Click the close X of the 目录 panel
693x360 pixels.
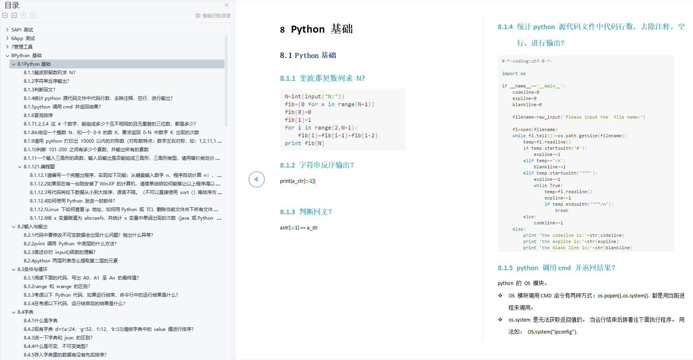click(x=226, y=5)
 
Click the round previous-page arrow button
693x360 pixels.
click(x=257, y=179)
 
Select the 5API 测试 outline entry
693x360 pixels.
click(x=22, y=30)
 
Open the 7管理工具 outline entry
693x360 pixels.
click(x=22, y=47)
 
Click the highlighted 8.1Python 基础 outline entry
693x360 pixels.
click(x=34, y=64)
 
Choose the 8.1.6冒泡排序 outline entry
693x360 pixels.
click(x=38, y=115)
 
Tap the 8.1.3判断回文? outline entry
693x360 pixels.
click(x=39, y=90)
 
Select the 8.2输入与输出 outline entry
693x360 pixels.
click(x=32, y=227)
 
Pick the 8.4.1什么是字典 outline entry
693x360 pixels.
click(x=40, y=321)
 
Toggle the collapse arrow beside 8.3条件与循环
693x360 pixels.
click(x=14, y=269)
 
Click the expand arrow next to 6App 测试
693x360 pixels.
click(x=7, y=38)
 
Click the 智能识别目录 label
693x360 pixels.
click(x=216, y=16)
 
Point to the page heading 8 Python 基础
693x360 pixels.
click(x=316, y=29)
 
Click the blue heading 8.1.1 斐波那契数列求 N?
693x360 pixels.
click(x=322, y=79)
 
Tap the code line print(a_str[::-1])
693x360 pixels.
click(x=297, y=181)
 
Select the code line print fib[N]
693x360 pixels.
click(x=304, y=143)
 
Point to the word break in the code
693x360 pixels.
click(x=562, y=211)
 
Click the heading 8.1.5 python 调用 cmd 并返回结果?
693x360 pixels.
click(x=556, y=268)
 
